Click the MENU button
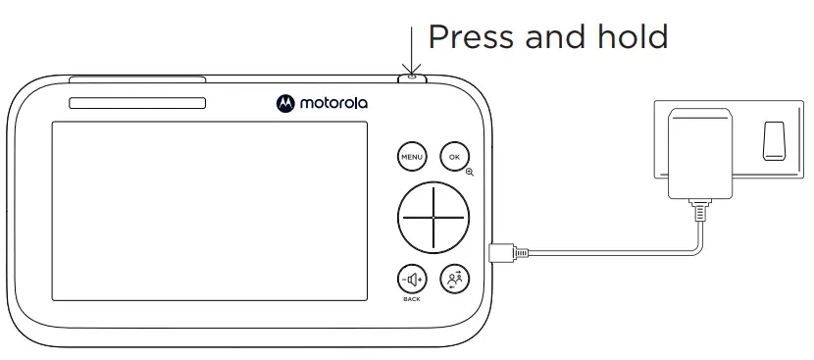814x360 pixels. coord(411,156)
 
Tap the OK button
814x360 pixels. coord(453,156)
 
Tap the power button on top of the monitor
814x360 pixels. coord(413,77)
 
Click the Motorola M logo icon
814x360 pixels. coord(285,101)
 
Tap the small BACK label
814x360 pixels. coord(411,298)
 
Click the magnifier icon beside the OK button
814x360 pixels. coord(470,172)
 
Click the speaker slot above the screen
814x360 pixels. coord(136,103)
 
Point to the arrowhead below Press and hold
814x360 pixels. coord(412,67)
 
